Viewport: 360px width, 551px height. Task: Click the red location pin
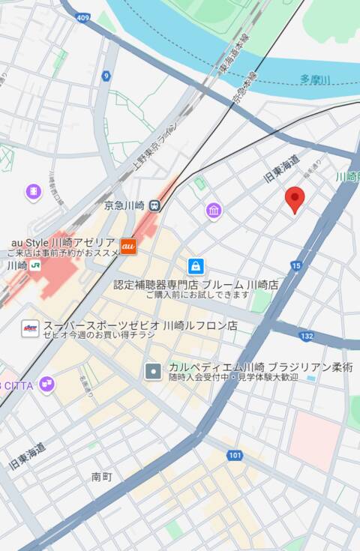point(295,198)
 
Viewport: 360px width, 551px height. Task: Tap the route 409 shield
point(82,17)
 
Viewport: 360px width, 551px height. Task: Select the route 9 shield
point(106,75)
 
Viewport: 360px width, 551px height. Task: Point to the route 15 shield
point(296,265)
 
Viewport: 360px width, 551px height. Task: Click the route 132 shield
point(305,335)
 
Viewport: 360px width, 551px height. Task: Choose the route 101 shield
point(235,454)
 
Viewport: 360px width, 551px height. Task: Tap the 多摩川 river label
point(315,79)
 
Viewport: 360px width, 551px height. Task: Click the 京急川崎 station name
point(124,205)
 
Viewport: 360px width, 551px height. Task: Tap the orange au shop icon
point(128,244)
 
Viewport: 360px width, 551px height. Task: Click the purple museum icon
point(214,211)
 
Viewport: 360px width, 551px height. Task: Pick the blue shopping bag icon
point(196,266)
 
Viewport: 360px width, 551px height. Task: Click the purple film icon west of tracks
point(33,192)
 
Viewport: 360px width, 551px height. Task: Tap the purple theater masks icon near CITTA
point(47,385)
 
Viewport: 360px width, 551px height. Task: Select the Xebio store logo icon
point(30,328)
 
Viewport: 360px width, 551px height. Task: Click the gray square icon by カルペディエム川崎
point(154,370)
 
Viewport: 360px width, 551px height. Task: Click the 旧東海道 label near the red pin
point(282,169)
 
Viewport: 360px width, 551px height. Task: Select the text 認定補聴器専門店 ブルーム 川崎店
point(196,285)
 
